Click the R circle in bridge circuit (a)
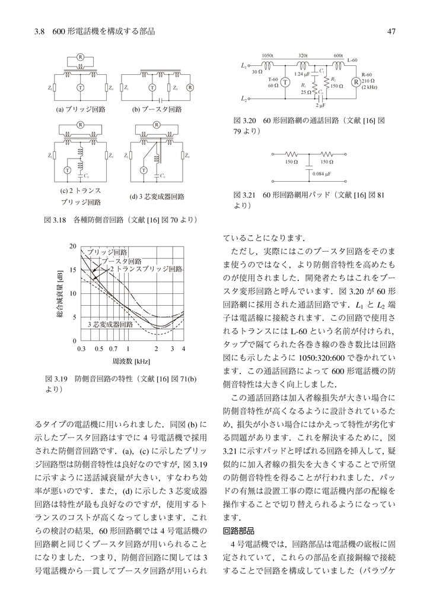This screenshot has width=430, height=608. pos(79,58)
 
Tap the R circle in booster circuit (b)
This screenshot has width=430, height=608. pos(190,87)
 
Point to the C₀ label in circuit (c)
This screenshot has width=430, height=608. pos(87,176)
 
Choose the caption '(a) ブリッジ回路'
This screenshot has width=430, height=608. pos(81,110)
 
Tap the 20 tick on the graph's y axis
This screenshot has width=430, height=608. pos(72,246)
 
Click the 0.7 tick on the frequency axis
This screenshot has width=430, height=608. pos(113,349)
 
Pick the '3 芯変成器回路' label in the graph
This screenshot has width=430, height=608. pos(110,325)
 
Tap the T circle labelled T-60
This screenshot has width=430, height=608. pos(284,83)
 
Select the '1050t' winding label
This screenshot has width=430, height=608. pos(267,55)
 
